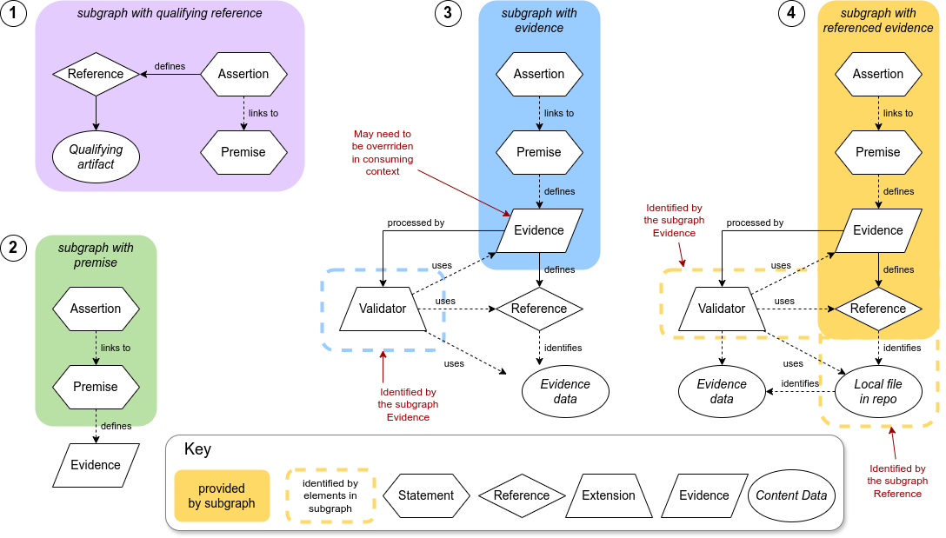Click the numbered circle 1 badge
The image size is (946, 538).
13,14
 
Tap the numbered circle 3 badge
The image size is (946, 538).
448,14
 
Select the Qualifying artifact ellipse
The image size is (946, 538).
96,157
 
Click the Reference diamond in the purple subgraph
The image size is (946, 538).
96,74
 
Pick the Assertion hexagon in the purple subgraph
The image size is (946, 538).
243,74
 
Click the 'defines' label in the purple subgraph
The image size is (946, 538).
169,66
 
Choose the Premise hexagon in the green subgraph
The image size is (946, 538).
96,387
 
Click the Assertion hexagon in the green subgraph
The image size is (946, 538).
96,309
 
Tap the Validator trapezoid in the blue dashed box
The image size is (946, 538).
383,309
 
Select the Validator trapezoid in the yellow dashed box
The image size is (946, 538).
722,309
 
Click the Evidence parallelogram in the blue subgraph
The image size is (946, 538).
539,230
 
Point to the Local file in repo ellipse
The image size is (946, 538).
878,392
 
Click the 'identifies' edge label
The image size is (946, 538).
800,383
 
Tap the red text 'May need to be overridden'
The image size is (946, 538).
383,153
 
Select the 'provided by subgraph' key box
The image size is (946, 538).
222,495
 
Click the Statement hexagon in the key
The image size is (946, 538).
426,495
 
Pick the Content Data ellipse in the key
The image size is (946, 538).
791,495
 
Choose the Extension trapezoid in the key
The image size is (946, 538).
609,495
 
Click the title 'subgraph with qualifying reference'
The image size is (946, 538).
170,14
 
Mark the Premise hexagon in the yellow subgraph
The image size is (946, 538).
878,152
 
